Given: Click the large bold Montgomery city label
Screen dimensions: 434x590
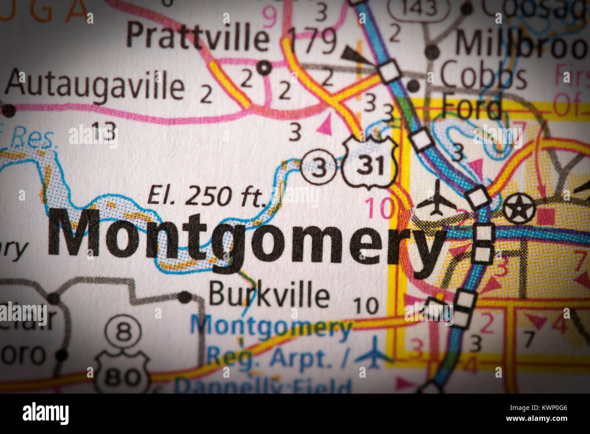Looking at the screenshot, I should coord(245,238).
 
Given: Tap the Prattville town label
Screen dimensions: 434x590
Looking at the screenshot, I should coord(198,36).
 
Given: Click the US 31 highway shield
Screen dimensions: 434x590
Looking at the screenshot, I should coord(370,163).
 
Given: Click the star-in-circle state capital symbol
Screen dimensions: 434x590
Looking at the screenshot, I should coord(519,208).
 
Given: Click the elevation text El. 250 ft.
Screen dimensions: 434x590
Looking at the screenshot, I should coord(206,196).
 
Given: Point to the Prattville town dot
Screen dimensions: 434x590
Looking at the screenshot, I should coord(264,68).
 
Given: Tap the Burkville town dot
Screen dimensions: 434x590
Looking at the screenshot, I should coord(185,297).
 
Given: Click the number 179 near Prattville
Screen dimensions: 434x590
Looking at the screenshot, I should coord(313,41).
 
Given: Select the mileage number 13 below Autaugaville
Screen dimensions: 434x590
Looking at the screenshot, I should coord(104,132).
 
